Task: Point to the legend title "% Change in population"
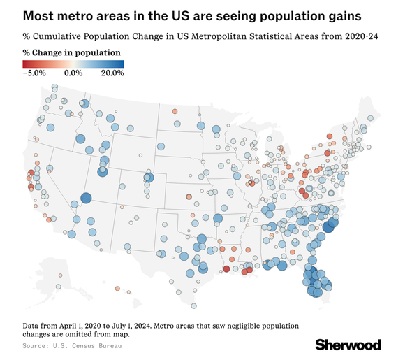[x=71, y=52]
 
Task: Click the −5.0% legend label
[x=34, y=72]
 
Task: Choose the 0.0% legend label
[x=73, y=72]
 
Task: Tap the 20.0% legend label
[x=112, y=72]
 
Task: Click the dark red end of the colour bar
[x=25, y=63]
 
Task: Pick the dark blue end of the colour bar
[x=122, y=63]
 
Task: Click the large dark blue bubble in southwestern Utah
[x=85, y=199]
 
